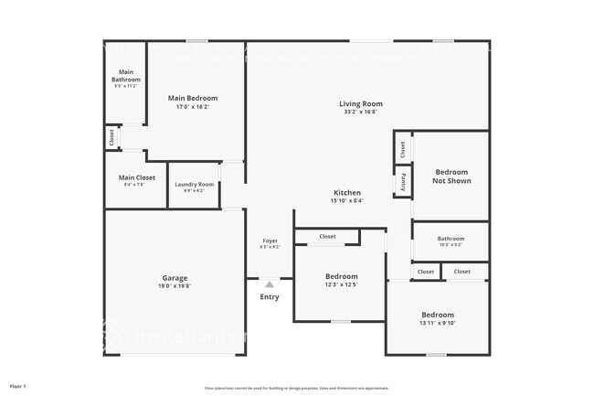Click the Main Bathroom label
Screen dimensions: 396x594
(x=126, y=77)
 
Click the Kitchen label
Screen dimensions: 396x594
(x=347, y=193)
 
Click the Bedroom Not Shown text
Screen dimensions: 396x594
(x=451, y=177)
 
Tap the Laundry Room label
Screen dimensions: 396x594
(x=195, y=185)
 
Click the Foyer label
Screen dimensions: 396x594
(x=270, y=241)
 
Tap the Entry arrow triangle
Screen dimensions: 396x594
(x=270, y=284)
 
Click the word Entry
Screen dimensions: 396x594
(x=270, y=297)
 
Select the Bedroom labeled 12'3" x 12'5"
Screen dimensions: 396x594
(x=342, y=276)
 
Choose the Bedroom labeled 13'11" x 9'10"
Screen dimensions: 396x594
(x=437, y=315)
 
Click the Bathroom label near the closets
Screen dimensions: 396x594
(x=451, y=239)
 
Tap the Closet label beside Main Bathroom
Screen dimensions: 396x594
(x=111, y=137)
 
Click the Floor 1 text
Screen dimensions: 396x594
(x=18, y=387)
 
